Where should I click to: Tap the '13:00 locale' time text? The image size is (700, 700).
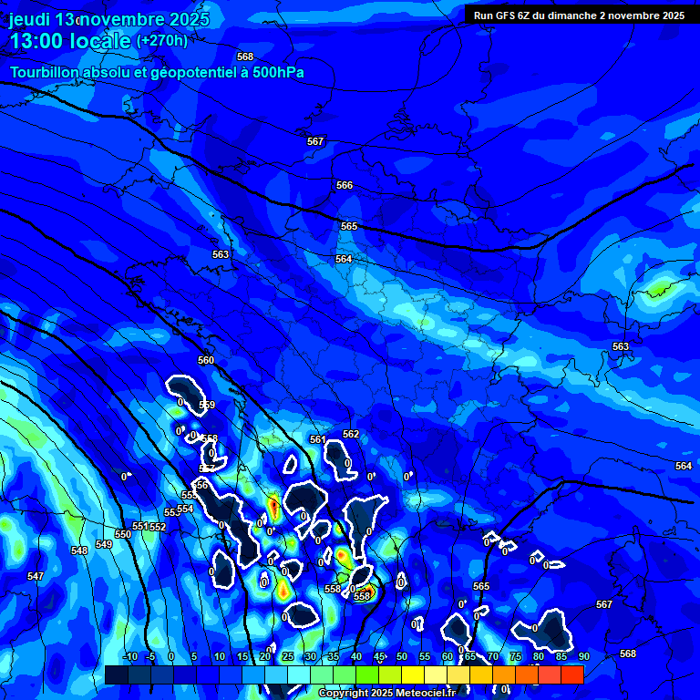[x=69, y=41]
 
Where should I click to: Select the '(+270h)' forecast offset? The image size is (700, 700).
[x=162, y=40]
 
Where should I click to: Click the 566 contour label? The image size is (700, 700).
[x=345, y=185]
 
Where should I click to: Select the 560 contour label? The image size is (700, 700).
[x=206, y=360]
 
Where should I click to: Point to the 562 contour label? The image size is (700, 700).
[x=351, y=434]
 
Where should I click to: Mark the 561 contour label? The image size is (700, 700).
[x=317, y=439]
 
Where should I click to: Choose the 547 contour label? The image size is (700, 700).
[x=35, y=576]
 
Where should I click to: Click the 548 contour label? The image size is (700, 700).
[x=79, y=551]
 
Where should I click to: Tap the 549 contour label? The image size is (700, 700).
[x=104, y=544]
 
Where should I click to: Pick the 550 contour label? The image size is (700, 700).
[x=123, y=534]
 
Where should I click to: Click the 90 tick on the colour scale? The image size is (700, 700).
[x=583, y=656]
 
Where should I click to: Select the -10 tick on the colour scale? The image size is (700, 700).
[x=129, y=656]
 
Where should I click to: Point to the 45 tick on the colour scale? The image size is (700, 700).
[x=379, y=656]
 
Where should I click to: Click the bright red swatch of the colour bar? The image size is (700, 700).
[x=571, y=674]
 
